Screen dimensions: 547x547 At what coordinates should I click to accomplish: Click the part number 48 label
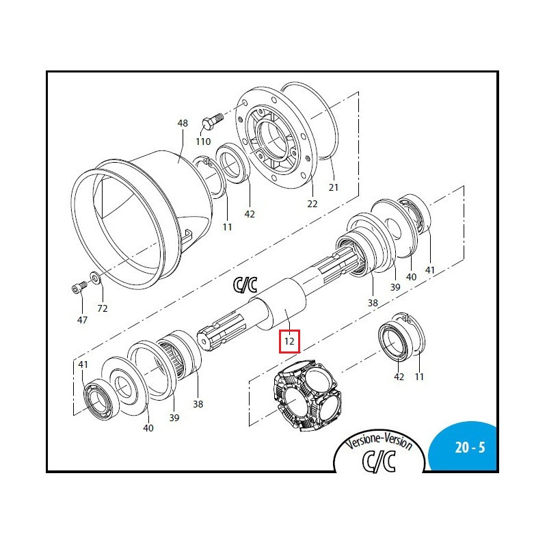[x=183, y=124]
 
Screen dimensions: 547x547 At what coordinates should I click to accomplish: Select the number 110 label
[x=203, y=142]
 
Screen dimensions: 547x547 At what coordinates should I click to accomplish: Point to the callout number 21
[x=334, y=187]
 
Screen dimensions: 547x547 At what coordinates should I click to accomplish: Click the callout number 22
[x=312, y=204]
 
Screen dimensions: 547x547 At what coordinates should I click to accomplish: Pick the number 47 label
[x=82, y=320]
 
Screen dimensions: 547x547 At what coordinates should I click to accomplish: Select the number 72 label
[x=102, y=309]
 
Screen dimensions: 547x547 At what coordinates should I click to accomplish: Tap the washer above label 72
[x=94, y=278]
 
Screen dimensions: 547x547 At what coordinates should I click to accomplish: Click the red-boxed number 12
[x=289, y=339]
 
